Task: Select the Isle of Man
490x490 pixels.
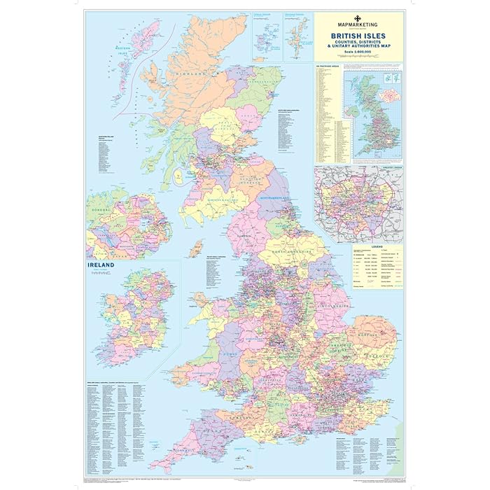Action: pos(198,248)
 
